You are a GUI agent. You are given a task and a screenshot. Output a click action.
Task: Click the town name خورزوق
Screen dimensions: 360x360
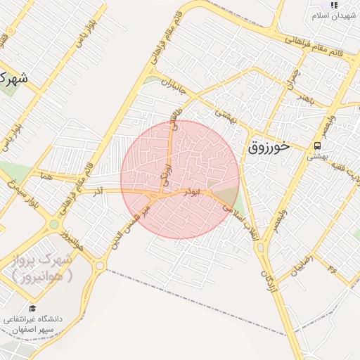pyautogui.click(x=268, y=148)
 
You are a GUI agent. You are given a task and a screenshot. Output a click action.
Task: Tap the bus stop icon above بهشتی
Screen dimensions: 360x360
pyautogui.click(x=317, y=146)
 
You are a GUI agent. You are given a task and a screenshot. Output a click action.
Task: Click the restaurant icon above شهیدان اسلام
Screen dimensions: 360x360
pyautogui.click(x=333, y=4)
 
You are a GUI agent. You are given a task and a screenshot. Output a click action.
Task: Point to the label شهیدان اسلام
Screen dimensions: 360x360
pyautogui.click(x=333, y=15)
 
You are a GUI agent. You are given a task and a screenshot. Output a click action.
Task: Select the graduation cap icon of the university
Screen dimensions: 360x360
pyautogui.click(x=32, y=308)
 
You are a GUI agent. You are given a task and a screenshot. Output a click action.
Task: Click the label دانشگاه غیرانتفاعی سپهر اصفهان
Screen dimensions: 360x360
pyautogui.click(x=34, y=324)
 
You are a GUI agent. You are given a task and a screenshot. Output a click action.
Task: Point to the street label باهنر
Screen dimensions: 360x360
pyautogui.click(x=303, y=95)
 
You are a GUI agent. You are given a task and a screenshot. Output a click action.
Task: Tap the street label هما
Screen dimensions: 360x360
pyautogui.click(x=47, y=175)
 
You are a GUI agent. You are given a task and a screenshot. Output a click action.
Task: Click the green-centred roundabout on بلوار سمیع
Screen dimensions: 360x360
pyautogui.click(x=53, y=225)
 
